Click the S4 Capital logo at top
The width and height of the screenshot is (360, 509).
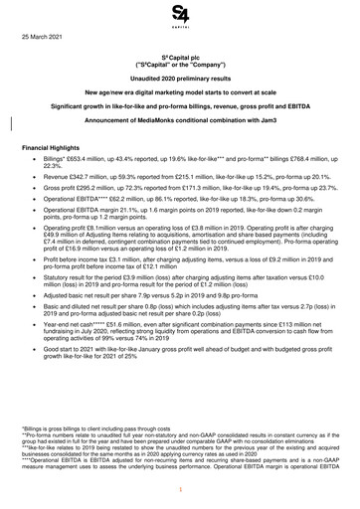click(180, 15)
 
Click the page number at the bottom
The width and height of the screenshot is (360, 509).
click(180, 491)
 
